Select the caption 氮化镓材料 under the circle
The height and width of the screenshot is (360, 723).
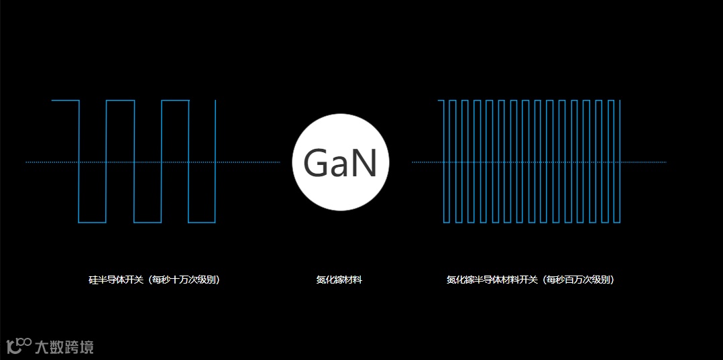pyautogui.click(x=339, y=280)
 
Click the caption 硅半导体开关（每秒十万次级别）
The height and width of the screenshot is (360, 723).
pyautogui.click(x=154, y=280)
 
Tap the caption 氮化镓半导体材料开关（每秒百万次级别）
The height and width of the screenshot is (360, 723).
pyautogui.click(x=531, y=280)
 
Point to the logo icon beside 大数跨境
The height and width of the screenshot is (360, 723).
pyautogui.click(x=19, y=345)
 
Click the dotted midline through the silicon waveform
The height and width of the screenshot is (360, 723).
pyautogui.click(x=40, y=162)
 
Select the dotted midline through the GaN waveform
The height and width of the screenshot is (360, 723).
pyautogui.click(x=644, y=162)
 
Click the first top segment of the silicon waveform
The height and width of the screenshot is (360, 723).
pyautogui.click(x=66, y=101)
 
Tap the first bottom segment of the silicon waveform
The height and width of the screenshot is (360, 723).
pyautogui.click(x=93, y=223)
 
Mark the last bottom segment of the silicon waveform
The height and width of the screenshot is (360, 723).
pyautogui.click(x=202, y=223)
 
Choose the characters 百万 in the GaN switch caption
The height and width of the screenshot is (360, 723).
pyautogui.click(x=575, y=280)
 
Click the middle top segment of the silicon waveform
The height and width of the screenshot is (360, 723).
pyautogui.click(x=120, y=101)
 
